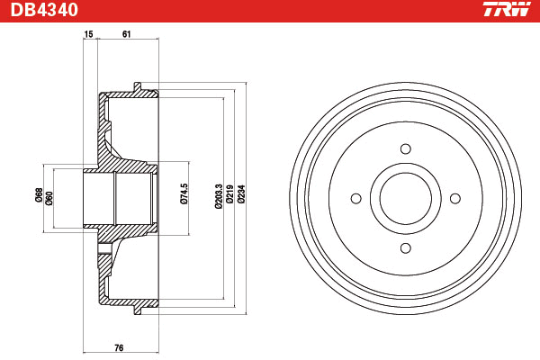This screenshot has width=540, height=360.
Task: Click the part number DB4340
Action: click(44, 10)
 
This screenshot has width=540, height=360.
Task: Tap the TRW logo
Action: click(507, 9)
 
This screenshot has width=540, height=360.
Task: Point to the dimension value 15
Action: click(88, 34)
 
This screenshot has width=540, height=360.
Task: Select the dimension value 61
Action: click(126, 34)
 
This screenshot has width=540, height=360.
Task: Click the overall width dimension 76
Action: click(119, 348)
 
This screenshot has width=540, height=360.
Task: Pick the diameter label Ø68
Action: click(39, 195)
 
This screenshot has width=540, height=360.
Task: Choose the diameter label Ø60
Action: click(49, 198)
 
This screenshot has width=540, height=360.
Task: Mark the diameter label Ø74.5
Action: click(184, 194)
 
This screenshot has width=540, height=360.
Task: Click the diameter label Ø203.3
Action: click(219, 196)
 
